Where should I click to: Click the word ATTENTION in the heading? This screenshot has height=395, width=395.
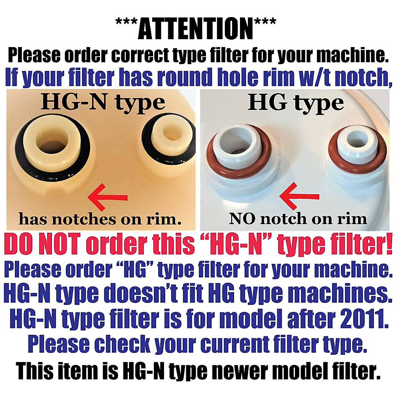point(196,29)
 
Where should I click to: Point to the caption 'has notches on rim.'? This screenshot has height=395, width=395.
point(100,219)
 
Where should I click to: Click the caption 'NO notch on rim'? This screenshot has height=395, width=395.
point(298,219)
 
